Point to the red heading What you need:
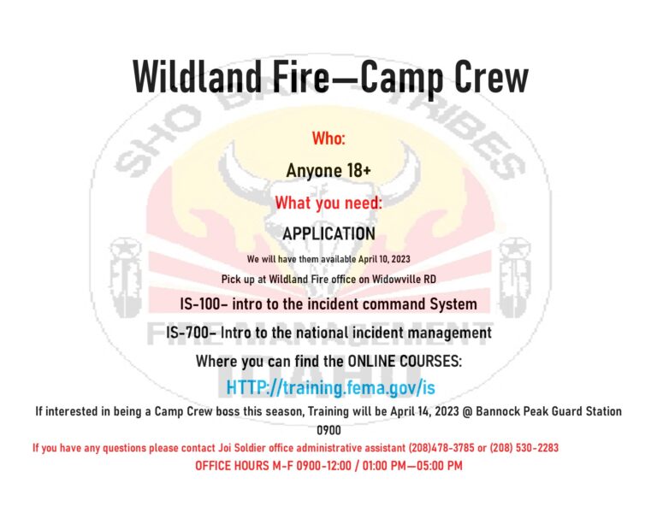(x=328, y=203)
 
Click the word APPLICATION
(x=328, y=233)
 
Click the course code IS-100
(x=201, y=304)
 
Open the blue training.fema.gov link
(x=330, y=388)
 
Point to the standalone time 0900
(x=328, y=430)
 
